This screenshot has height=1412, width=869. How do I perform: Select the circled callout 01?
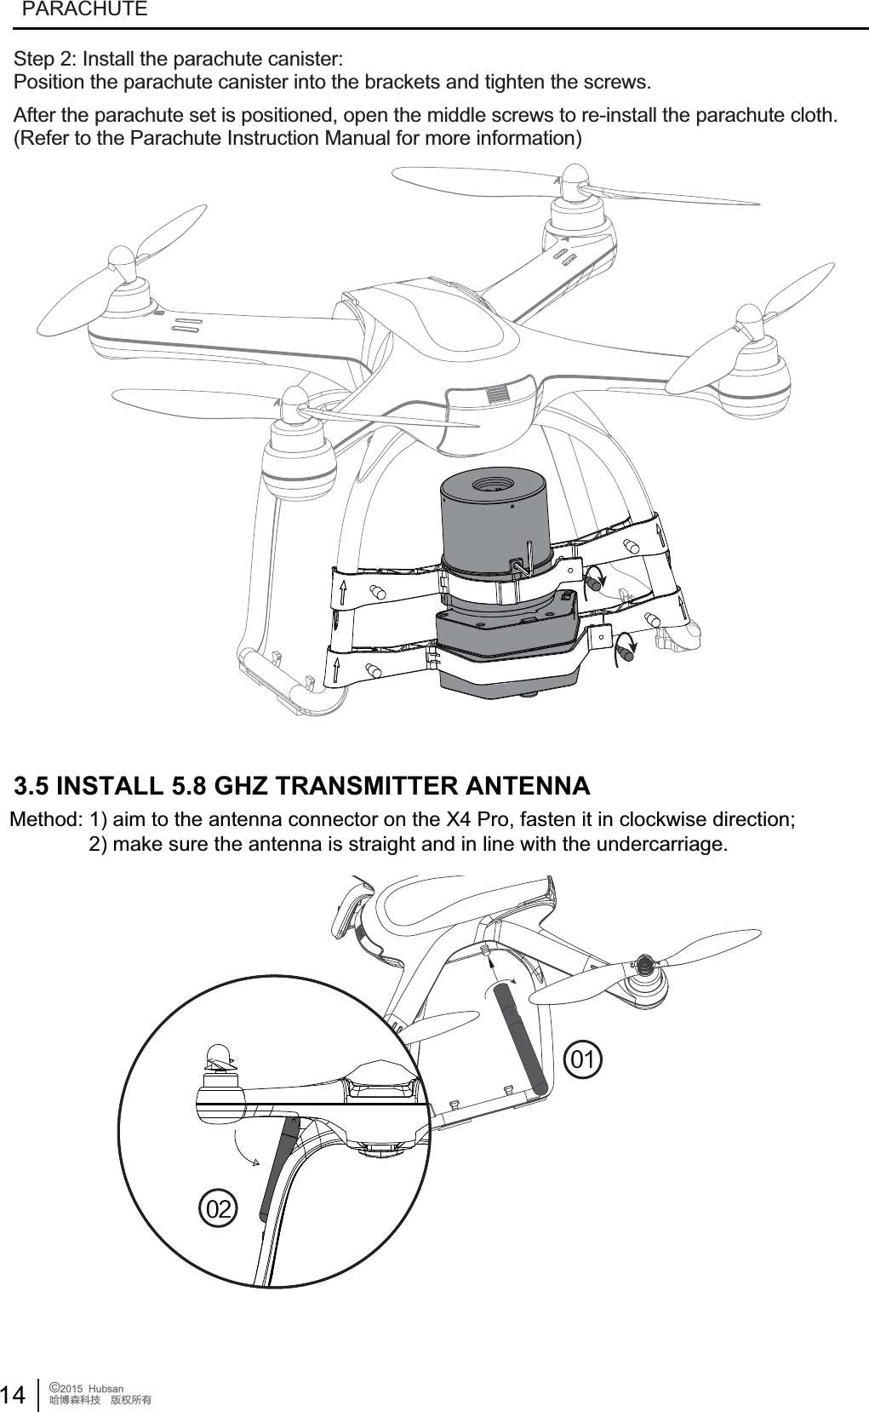click(x=584, y=1060)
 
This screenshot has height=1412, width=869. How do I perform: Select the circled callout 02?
click(x=219, y=1208)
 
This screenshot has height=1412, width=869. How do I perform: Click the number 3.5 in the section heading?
click(x=37, y=785)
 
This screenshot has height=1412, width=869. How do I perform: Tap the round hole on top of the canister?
click(x=492, y=485)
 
